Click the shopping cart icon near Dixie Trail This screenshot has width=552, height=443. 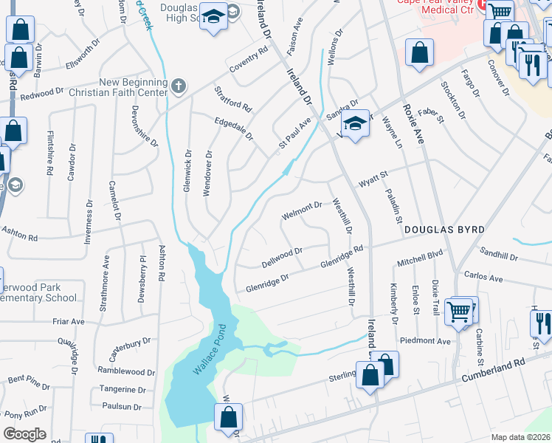point(460,312)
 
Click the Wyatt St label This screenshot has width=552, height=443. point(373,176)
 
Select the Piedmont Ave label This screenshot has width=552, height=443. point(424,342)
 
